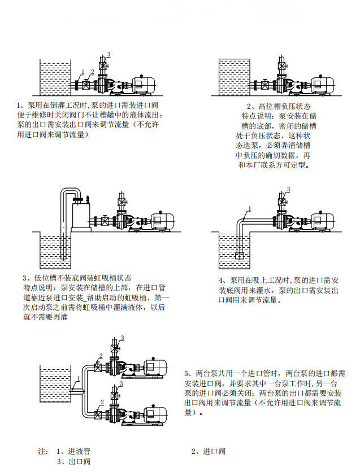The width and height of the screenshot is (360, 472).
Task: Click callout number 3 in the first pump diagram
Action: pos(109,54)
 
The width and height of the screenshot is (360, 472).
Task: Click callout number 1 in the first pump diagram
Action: pos(82,72)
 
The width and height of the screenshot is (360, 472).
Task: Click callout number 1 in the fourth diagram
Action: pos(247,209)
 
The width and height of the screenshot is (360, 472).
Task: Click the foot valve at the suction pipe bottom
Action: pos(241,255)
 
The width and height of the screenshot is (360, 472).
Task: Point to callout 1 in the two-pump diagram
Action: pos(78,377)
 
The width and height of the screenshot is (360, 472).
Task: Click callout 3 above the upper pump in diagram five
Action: pos(122,338)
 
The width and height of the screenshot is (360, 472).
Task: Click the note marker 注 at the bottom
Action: pos(41,452)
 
